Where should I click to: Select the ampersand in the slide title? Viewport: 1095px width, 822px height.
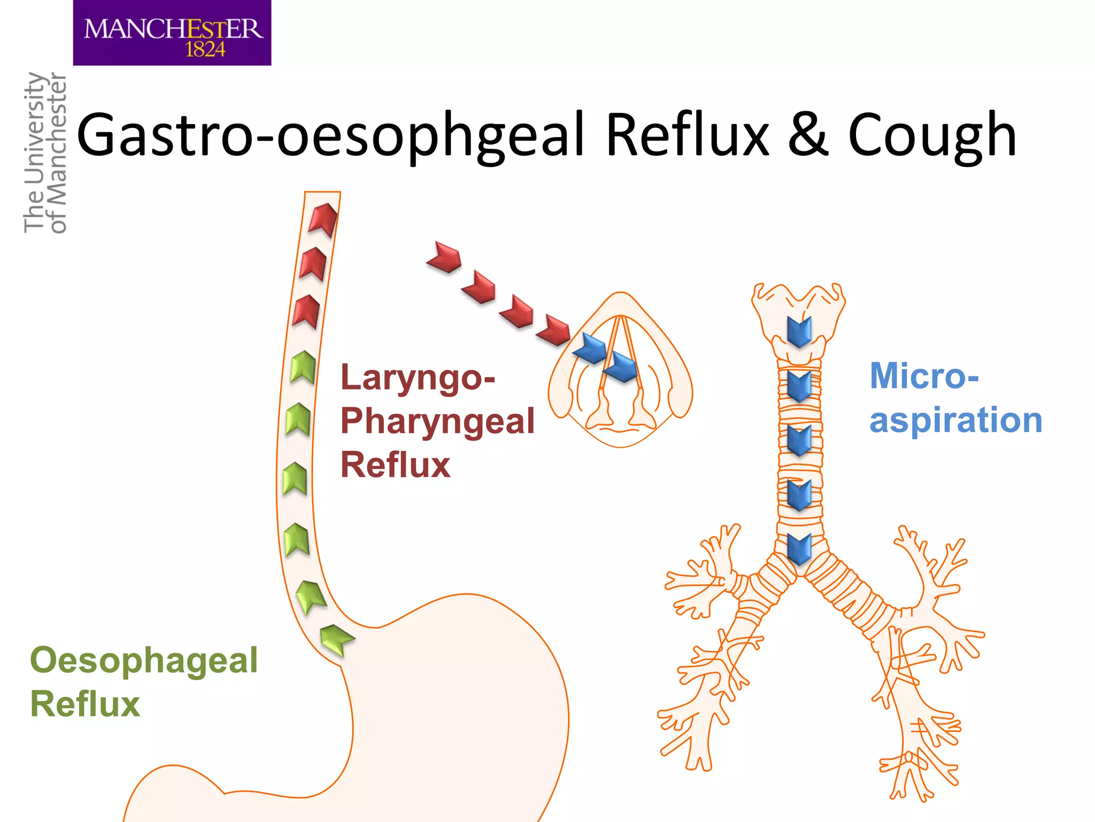pyautogui.click(x=808, y=135)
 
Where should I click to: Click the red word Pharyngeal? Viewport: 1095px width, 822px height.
pyautogui.click(x=437, y=421)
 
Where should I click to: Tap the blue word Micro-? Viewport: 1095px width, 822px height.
pyautogui.click(x=924, y=376)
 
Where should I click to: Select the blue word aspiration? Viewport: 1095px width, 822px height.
pyautogui.click(x=955, y=420)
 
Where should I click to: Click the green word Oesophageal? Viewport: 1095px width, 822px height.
pyautogui.click(x=144, y=660)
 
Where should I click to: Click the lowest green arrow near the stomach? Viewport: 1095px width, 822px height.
pyautogui.click(x=335, y=638)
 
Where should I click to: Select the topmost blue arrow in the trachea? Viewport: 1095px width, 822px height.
pyautogui.click(x=799, y=331)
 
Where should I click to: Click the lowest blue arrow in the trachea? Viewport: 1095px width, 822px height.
pyautogui.click(x=799, y=549)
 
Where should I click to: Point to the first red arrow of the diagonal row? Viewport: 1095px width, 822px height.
pyautogui.click(x=445, y=257)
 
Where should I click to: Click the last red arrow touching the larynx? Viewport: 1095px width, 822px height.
pyautogui.click(x=555, y=330)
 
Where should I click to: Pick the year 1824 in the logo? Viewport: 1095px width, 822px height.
pyautogui.click(x=205, y=50)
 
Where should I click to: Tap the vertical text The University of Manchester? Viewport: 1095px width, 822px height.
pyautogui.click(x=45, y=153)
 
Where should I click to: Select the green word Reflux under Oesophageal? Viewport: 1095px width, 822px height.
pyautogui.click(x=85, y=704)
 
